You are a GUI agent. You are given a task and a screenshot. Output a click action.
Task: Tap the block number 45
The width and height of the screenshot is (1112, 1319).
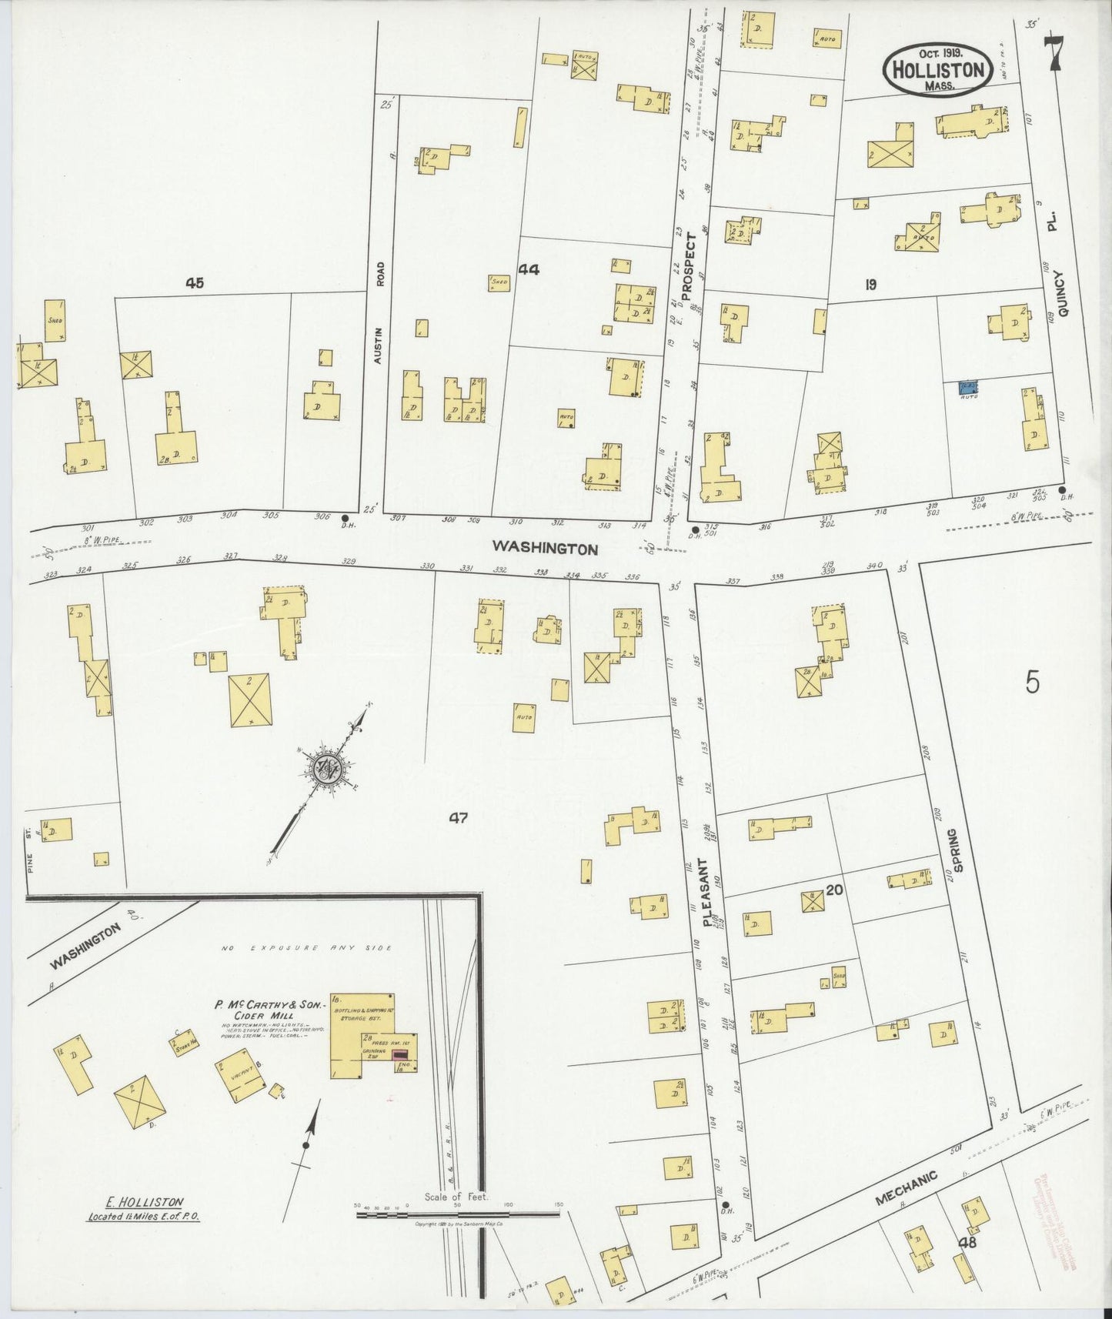[194, 283]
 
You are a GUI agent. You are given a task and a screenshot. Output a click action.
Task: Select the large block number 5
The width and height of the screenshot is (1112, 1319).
[1032, 683]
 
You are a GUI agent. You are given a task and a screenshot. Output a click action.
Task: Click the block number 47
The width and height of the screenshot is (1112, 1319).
[459, 818]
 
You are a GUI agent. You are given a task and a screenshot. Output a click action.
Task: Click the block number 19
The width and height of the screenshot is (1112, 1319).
[870, 285]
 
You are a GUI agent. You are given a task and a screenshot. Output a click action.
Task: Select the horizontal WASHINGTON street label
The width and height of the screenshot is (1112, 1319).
[545, 548]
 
